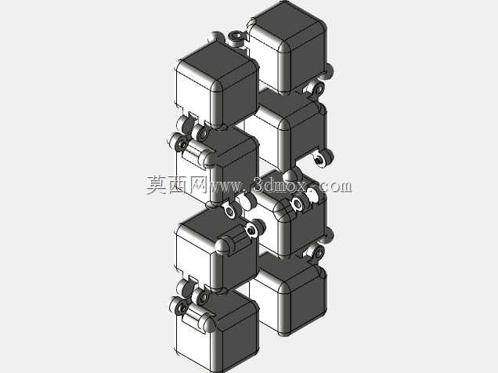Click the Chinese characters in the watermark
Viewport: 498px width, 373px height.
coord(177,185)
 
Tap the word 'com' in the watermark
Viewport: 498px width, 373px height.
coord(337,186)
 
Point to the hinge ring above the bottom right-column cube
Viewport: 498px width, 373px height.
coord(318,252)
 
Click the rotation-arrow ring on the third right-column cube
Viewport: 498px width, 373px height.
coord(298,203)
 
